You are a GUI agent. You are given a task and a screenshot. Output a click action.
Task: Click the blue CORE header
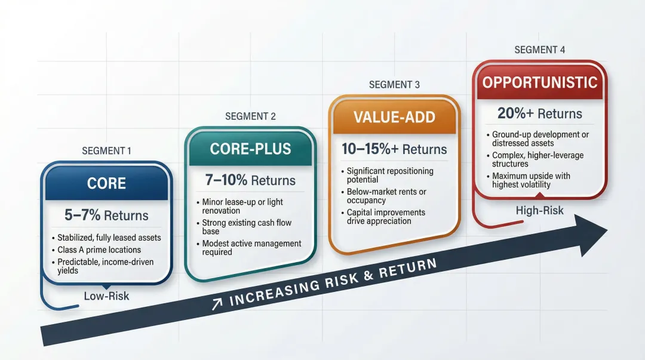click(x=106, y=183)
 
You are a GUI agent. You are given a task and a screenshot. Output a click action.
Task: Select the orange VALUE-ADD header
click(x=394, y=116)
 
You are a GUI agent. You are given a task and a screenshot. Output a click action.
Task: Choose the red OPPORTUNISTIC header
click(x=540, y=82)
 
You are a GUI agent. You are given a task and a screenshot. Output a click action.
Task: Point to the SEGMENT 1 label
click(x=106, y=151)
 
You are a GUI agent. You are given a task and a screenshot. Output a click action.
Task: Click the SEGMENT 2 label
click(x=250, y=116)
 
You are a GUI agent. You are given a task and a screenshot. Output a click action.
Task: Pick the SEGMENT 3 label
click(x=394, y=84)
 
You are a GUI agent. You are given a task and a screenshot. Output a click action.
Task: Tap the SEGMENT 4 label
click(x=539, y=50)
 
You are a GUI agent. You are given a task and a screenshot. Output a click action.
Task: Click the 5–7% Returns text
click(x=106, y=215)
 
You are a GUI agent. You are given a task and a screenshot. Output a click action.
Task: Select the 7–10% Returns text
click(x=251, y=180)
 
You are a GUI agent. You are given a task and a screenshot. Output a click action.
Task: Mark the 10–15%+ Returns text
click(x=394, y=149)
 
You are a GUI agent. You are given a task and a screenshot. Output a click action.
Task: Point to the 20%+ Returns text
click(x=539, y=113)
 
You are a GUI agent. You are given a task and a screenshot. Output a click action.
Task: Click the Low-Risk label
click(x=106, y=296)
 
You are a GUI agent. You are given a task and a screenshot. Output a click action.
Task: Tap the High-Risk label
click(x=539, y=211)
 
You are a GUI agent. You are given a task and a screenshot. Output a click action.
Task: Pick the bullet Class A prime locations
click(x=99, y=250)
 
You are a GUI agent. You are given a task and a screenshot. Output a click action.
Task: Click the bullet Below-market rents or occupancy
click(x=386, y=196)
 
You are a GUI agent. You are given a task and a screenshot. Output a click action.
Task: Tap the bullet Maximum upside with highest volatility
click(x=531, y=180)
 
